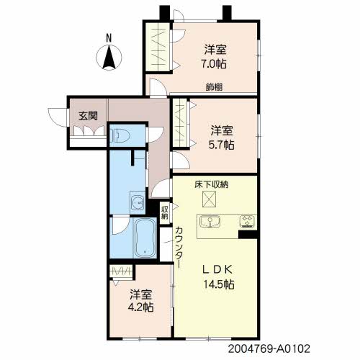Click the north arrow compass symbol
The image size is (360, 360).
109,57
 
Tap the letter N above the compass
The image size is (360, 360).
109,37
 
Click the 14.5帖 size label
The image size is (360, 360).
218,284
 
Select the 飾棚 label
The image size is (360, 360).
213,88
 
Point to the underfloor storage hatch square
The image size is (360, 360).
211,199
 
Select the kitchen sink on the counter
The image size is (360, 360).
212,220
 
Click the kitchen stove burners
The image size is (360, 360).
246,220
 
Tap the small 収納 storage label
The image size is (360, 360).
165,212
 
